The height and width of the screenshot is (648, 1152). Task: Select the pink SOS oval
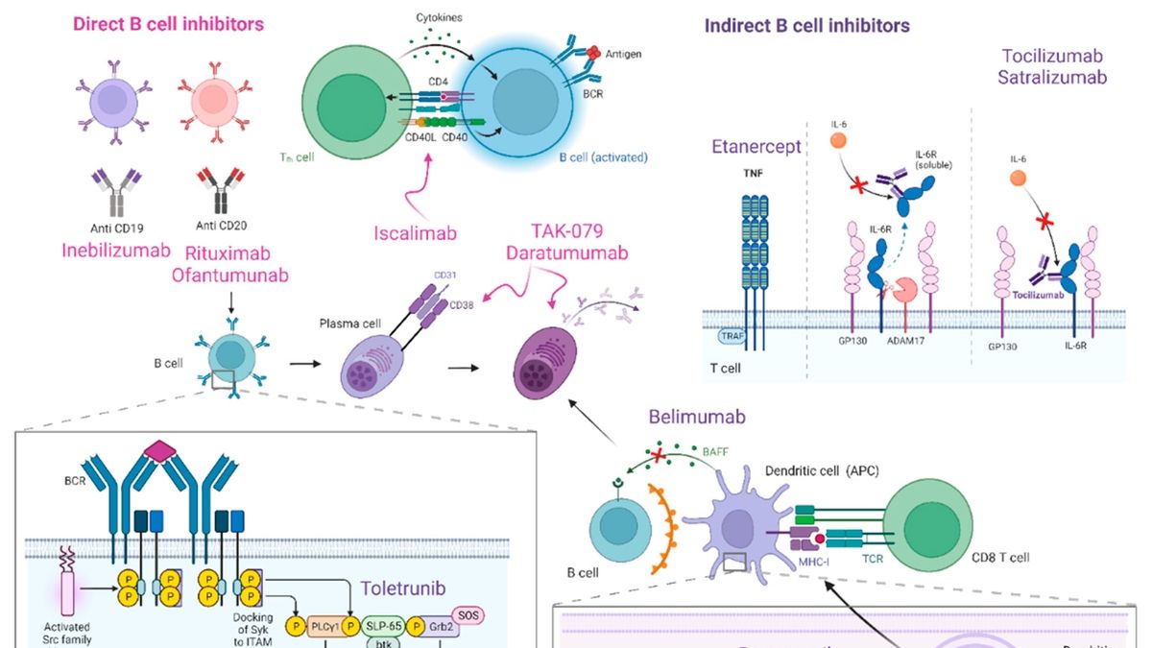(492, 614)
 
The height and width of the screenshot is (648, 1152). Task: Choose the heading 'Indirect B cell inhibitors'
(807, 26)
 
